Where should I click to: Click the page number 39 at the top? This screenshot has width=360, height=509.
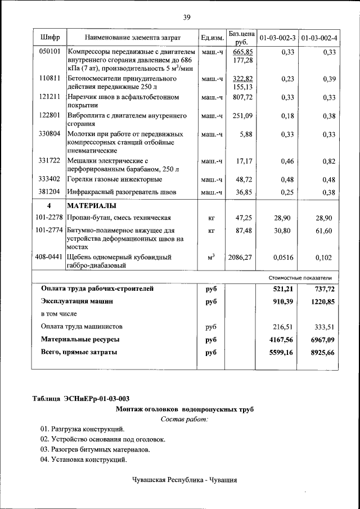[x=187, y=17]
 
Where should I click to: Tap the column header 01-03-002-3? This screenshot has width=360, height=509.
[x=277, y=38]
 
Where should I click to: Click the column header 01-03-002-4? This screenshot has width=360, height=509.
[x=319, y=38]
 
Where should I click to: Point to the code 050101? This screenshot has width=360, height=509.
[x=49, y=52]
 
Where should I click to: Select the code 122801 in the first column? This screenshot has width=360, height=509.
[x=49, y=115]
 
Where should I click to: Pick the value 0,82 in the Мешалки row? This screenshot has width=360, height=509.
[x=329, y=161]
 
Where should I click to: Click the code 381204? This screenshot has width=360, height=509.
[x=49, y=192]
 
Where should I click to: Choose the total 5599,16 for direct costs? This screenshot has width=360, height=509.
[x=281, y=353]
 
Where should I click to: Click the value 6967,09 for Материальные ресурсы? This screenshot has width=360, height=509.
[x=322, y=340]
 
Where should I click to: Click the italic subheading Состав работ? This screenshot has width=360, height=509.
[x=184, y=420]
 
